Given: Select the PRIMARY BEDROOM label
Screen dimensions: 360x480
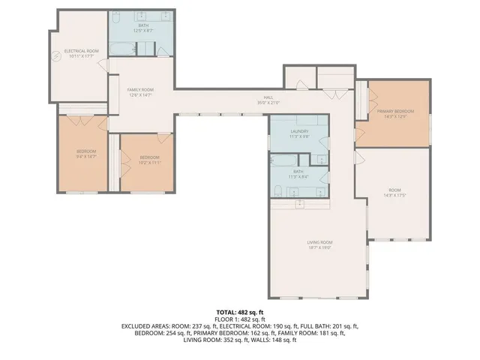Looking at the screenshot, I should [x=395, y=111].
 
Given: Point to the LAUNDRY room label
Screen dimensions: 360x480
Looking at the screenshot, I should [x=299, y=130].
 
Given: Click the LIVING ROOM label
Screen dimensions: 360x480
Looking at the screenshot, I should [x=319, y=242].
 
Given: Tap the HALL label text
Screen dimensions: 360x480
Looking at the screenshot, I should [x=268, y=97].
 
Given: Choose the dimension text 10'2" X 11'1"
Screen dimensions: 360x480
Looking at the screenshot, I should [x=150, y=163].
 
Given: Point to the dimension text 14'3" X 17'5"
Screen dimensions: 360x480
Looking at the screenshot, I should [x=394, y=194].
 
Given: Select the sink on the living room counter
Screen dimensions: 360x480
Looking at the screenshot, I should [x=298, y=202].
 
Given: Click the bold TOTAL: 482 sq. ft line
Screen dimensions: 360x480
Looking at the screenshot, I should [x=240, y=310].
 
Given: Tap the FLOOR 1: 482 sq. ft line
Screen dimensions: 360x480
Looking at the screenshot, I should [x=240, y=318].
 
